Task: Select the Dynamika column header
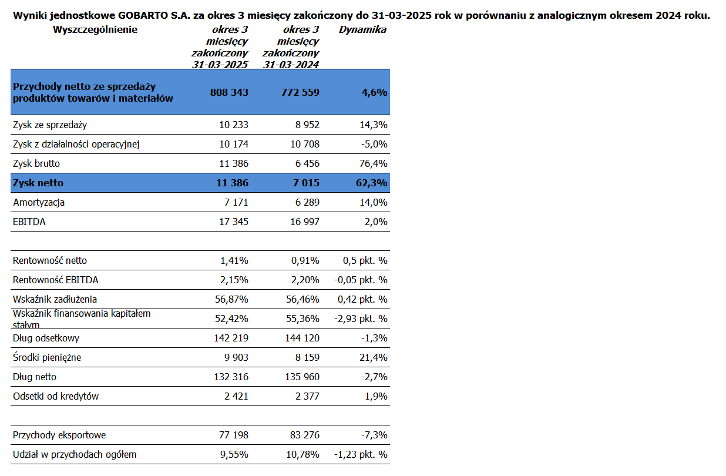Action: coord(362,29)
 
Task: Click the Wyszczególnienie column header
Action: coord(95,30)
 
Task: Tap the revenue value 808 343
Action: coord(229,92)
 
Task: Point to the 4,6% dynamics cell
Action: coord(374,92)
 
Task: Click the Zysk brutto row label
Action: coord(36,163)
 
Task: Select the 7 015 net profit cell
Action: coord(306,183)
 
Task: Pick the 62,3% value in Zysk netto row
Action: coord(371,183)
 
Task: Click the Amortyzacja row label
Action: coord(39,203)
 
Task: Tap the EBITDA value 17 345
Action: coord(234,222)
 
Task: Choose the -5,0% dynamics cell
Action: coord(374,145)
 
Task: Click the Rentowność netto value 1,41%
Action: coord(234,261)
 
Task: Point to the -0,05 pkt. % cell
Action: coord(361,280)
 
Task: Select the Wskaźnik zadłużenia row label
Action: coord(55,299)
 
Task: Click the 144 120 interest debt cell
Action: coord(302,338)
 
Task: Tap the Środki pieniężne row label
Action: coord(47,357)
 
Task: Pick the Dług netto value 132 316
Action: coord(231,377)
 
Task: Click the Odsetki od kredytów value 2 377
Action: coord(307,396)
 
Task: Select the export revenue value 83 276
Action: coord(305,435)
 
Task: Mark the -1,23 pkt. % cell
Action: coord(361,455)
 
